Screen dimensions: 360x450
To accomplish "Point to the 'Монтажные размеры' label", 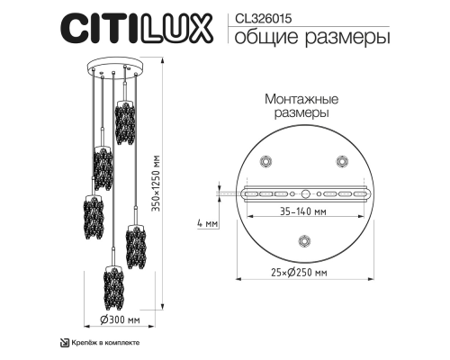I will click(301, 108).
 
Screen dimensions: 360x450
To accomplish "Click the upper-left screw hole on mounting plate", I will click(265, 160).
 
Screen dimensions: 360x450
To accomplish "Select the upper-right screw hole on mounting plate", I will click(341, 160).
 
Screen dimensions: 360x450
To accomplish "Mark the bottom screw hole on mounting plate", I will click(303, 240).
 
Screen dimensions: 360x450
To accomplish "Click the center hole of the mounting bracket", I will click(303, 193).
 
